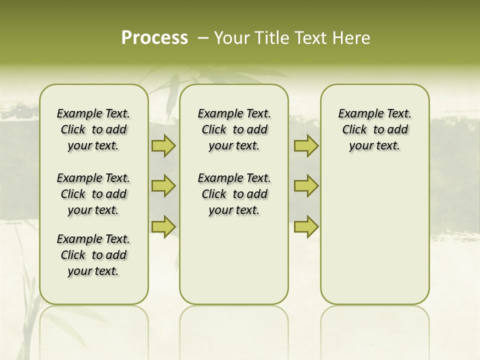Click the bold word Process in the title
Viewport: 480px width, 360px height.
(x=154, y=38)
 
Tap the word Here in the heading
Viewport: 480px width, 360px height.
(x=352, y=38)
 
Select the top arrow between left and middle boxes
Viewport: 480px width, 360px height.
(x=163, y=146)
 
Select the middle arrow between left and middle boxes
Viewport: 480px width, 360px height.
(x=163, y=186)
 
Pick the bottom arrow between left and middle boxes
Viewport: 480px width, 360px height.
(x=163, y=226)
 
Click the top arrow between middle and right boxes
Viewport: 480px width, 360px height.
(x=306, y=146)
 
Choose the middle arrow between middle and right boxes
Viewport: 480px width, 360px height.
(x=306, y=186)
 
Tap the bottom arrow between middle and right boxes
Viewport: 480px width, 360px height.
(x=306, y=226)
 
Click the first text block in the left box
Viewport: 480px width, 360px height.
(x=93, y=129)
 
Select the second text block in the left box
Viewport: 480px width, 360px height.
(x=93, y=194)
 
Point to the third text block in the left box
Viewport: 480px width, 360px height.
(x=93, y=255)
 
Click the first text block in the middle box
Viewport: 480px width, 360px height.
(x=234, y=129)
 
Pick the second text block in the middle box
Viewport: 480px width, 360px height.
(x=234, y=194)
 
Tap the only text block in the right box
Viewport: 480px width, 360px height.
(x=374, y=129)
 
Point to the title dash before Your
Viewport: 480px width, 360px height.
(x=203, y=38)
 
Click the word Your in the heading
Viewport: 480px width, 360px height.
(x=232, y=38)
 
